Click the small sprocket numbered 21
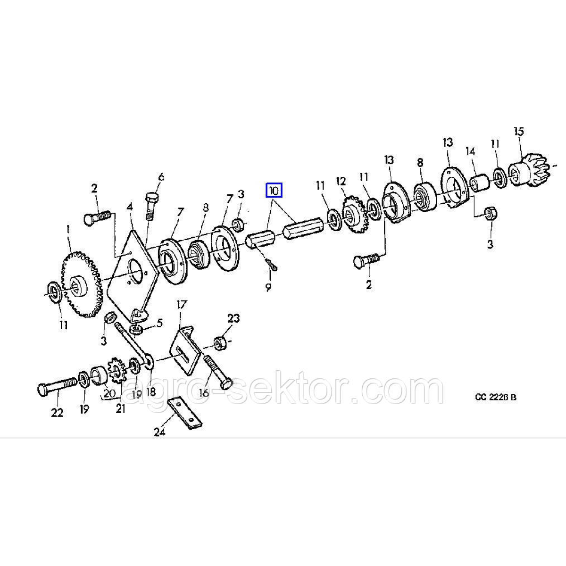click(116, 371)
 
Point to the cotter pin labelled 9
click(272, 266)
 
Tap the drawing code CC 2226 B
click(496, 397)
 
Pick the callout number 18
click(151, 391)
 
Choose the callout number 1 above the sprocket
click(67, 230)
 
